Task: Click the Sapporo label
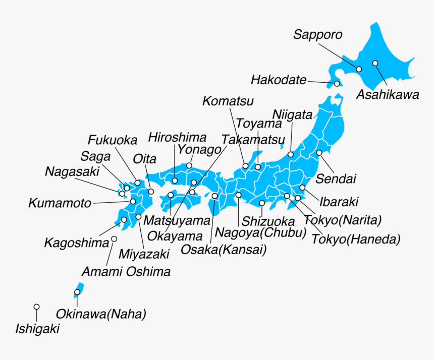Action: point(318,35)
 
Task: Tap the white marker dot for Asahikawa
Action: point(375,63)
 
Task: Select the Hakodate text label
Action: point(279,80)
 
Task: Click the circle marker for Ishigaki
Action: point(36,307)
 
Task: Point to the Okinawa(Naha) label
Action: point(101,315)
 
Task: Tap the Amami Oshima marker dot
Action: point(114,239)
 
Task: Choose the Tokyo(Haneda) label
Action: point(356,239)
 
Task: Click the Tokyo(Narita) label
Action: point(343,220)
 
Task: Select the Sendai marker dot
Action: point(319,153)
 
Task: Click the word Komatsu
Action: point(228,101)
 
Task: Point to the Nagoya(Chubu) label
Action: point(261,233)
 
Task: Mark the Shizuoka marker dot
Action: point(262,203)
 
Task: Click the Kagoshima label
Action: point(77,243)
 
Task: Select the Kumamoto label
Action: point(60,204)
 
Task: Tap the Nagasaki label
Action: point(72,171)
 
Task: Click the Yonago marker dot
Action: point(189,165)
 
